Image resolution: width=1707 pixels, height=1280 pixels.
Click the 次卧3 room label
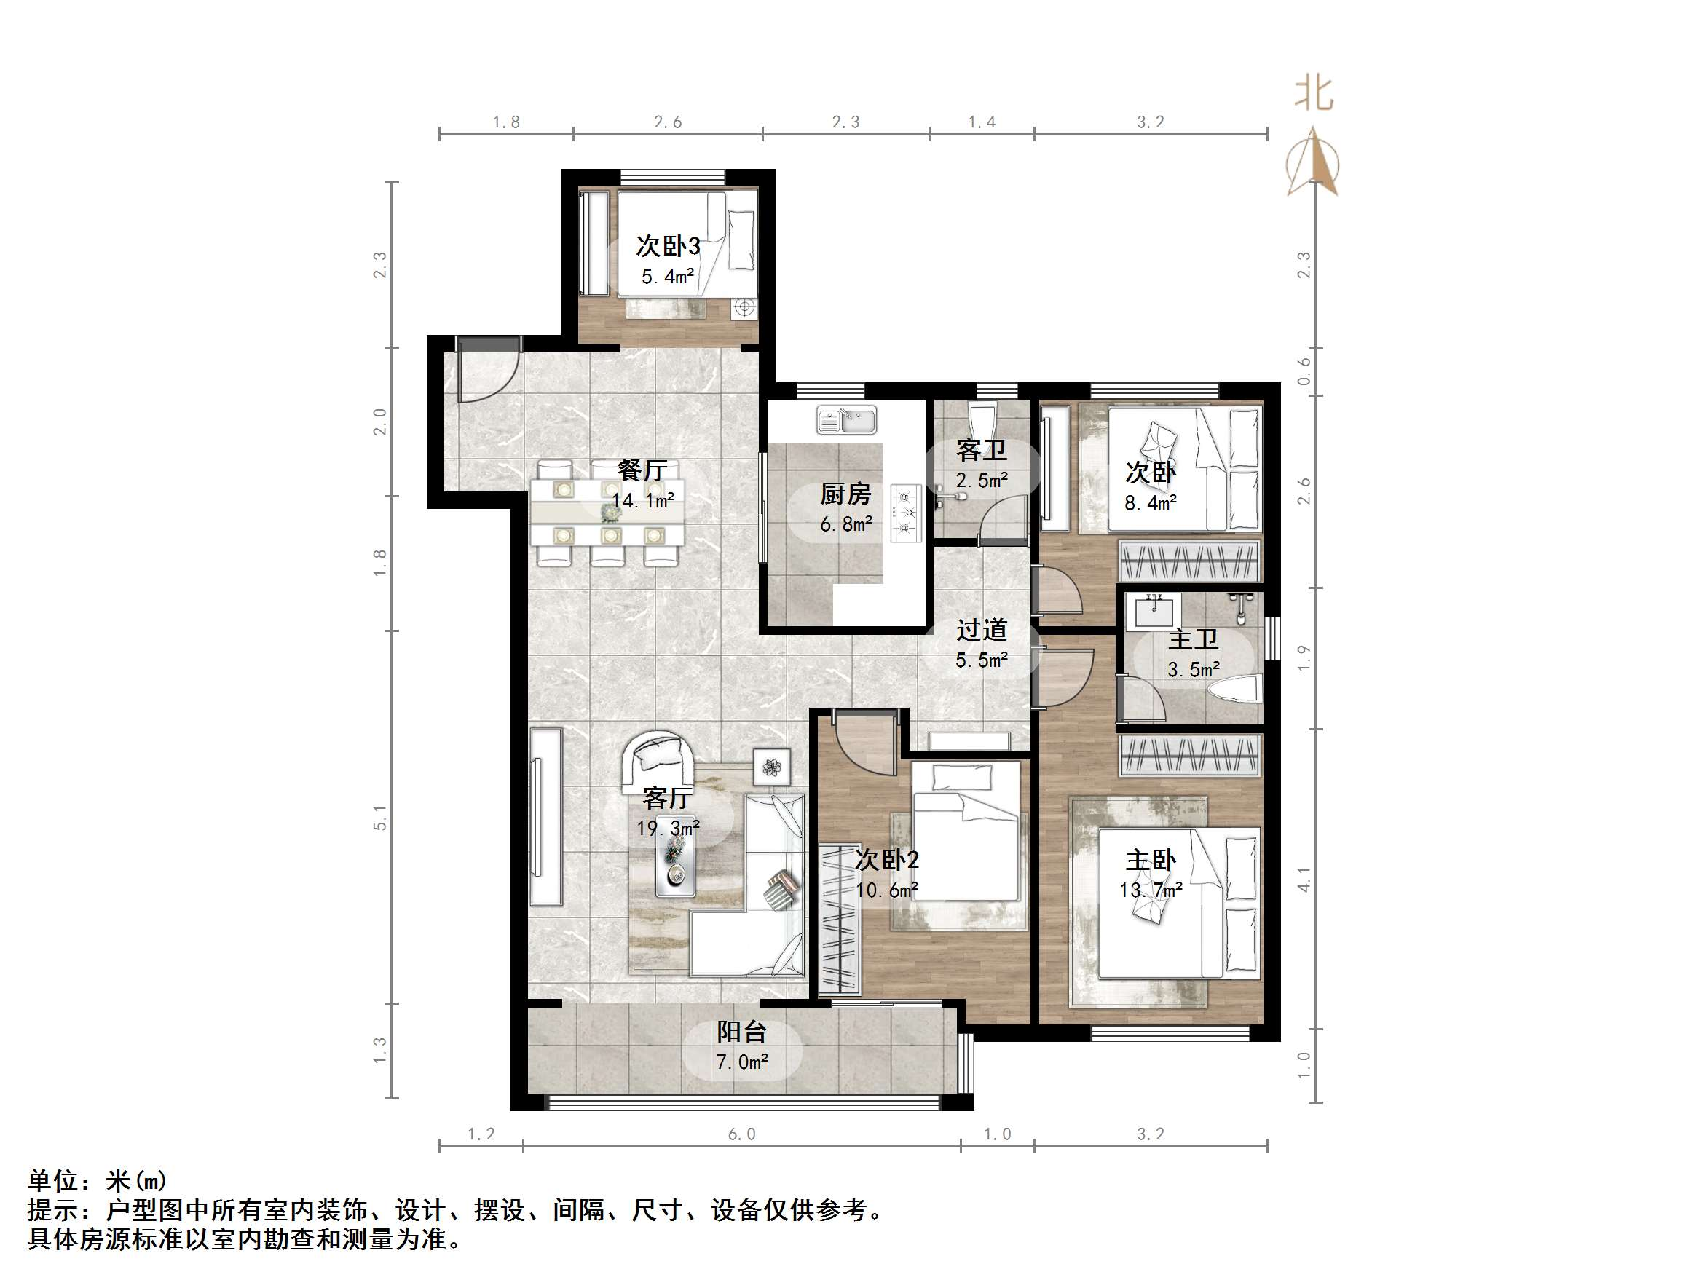pos(668,246)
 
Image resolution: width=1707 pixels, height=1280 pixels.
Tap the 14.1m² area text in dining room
pos(643,501)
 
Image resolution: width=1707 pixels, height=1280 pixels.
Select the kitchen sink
pos(846,421)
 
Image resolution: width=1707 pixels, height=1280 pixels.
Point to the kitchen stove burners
pos(906,512)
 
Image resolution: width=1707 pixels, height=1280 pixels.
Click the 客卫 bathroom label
pos(981,450)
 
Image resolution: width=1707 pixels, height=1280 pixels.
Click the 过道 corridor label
pos(982,631)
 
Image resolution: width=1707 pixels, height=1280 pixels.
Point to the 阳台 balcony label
pos(741,1032)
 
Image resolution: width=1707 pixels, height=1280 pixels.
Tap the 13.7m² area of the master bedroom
pos(1151,890)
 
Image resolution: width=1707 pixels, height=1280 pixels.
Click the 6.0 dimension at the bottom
pos(741,1134)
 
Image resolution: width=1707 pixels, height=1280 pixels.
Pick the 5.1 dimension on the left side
pos(379,817)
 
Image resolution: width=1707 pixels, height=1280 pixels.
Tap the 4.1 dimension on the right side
pos(1304,880)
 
